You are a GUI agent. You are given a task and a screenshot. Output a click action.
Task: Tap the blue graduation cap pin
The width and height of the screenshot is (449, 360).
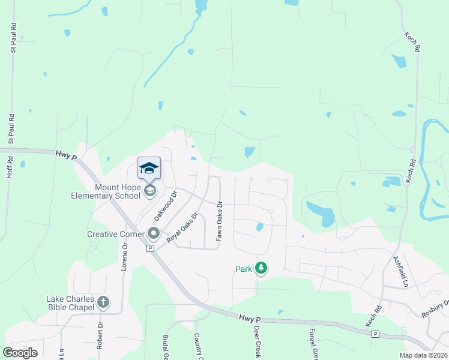[x=149, y=169]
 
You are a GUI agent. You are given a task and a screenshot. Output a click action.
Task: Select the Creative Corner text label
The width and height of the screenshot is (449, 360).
[x=116, y=234]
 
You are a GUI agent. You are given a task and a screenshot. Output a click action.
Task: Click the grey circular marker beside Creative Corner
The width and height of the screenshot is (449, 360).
[x=154, y=233]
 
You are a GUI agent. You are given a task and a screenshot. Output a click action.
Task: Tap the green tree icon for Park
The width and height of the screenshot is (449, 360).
[x=261, y=268]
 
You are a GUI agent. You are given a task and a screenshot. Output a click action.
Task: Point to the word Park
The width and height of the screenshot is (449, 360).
[x=243, y=269]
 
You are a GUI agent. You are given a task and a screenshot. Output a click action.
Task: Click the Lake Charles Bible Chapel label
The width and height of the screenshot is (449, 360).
[x=71, y=303]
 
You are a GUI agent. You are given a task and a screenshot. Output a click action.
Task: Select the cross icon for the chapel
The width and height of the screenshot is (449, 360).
[x=103, y=302]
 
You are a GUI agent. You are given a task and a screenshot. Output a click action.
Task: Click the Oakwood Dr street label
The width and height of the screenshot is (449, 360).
[x=166, y=205]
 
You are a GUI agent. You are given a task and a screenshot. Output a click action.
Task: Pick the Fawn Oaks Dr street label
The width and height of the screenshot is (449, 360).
[x=219, y=221]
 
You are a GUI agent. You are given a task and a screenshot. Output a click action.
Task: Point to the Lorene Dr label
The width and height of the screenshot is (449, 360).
[x=125, y=256]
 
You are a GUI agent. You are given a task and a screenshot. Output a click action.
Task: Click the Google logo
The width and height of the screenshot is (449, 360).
[x=20, y=352]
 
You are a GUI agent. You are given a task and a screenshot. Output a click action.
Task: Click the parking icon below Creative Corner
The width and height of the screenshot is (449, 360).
[x=150, y=248]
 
